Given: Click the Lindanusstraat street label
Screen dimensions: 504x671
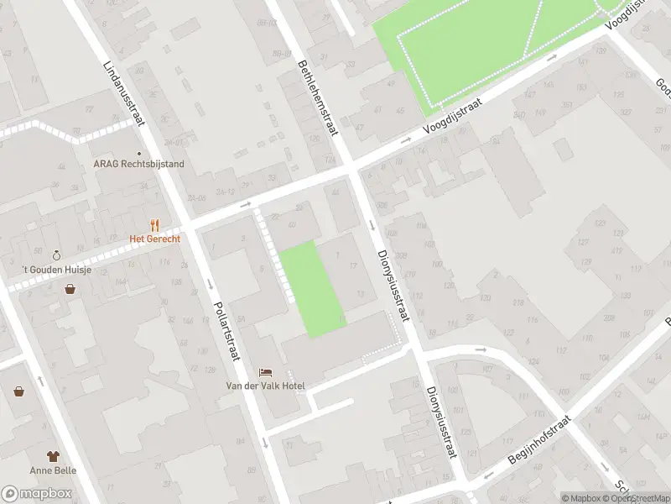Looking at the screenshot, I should coord(123,92).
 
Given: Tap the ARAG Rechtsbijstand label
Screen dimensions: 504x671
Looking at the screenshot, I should coord(138,165).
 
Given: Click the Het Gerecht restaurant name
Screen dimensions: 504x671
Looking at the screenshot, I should coord(154,239).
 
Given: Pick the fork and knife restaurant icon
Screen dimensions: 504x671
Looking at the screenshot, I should coord(154,225).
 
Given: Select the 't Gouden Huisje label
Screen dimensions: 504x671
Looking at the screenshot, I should coord(57,270).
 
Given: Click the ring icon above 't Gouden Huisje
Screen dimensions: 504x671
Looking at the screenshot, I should coord(56,255).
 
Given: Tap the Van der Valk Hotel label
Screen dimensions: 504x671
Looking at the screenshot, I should coord(266,386).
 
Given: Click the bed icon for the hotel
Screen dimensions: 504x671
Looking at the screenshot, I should coord(266,371).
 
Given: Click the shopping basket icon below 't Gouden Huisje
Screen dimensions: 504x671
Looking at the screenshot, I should coord(70,289).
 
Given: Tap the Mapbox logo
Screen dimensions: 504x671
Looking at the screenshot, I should coord(36,494).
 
